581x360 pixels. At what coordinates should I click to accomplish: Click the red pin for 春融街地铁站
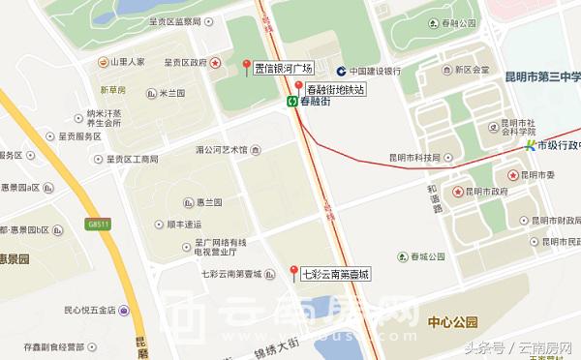pyautogui.click(x=298, y=87)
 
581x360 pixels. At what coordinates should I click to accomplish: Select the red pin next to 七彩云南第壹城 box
pyautogui.click(x=293, y=271)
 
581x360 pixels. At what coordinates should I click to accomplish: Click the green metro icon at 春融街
pyautogui.click(x=290, y=101)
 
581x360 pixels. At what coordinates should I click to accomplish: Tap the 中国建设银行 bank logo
pyautogui.click(x=342, y=70)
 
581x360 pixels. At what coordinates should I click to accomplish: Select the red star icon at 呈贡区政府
pyautogui.click(x=217, y=62)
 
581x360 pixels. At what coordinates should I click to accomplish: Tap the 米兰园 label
pyautogui.click(x=170, y=93)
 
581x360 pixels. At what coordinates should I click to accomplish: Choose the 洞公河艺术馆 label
pyautogui.click(x=222, y=150)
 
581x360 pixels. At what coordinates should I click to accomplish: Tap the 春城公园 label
pyautogui.click(x=425, y=256)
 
